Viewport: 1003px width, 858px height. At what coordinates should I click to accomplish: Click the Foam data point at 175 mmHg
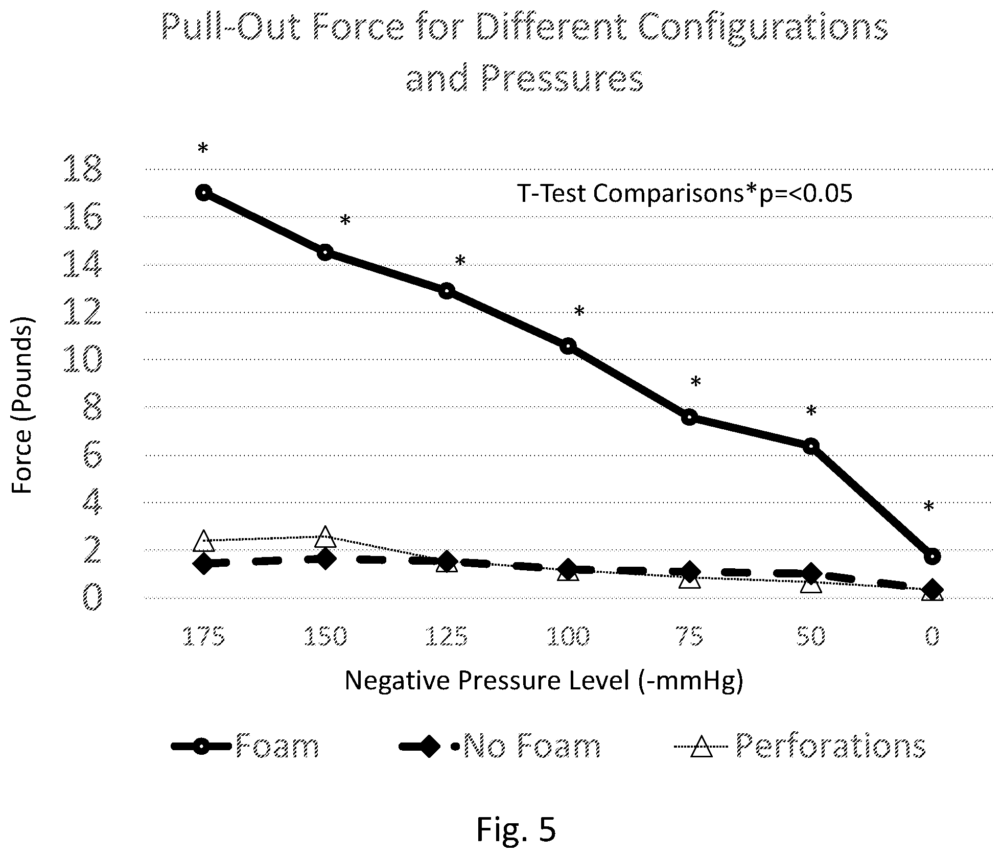pos(204,193)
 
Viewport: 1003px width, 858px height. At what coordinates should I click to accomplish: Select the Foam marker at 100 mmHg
pos(568,346)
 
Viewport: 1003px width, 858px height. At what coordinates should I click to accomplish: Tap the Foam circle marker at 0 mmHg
pos(932,556)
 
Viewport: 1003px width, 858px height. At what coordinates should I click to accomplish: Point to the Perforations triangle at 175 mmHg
pos(204,540)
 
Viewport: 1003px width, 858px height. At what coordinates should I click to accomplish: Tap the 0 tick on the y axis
pos(92,597)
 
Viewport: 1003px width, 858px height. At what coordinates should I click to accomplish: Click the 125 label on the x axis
pos(447,637)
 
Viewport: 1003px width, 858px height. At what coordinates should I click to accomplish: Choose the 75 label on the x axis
pos(690,637)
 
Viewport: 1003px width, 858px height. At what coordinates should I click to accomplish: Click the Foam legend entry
pos(245,746)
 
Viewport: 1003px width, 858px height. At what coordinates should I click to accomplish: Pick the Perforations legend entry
pos(800,746)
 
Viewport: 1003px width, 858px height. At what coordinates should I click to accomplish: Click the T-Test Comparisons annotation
pos(685,194)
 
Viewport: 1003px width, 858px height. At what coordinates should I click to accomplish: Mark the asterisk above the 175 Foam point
pos(203,149)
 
